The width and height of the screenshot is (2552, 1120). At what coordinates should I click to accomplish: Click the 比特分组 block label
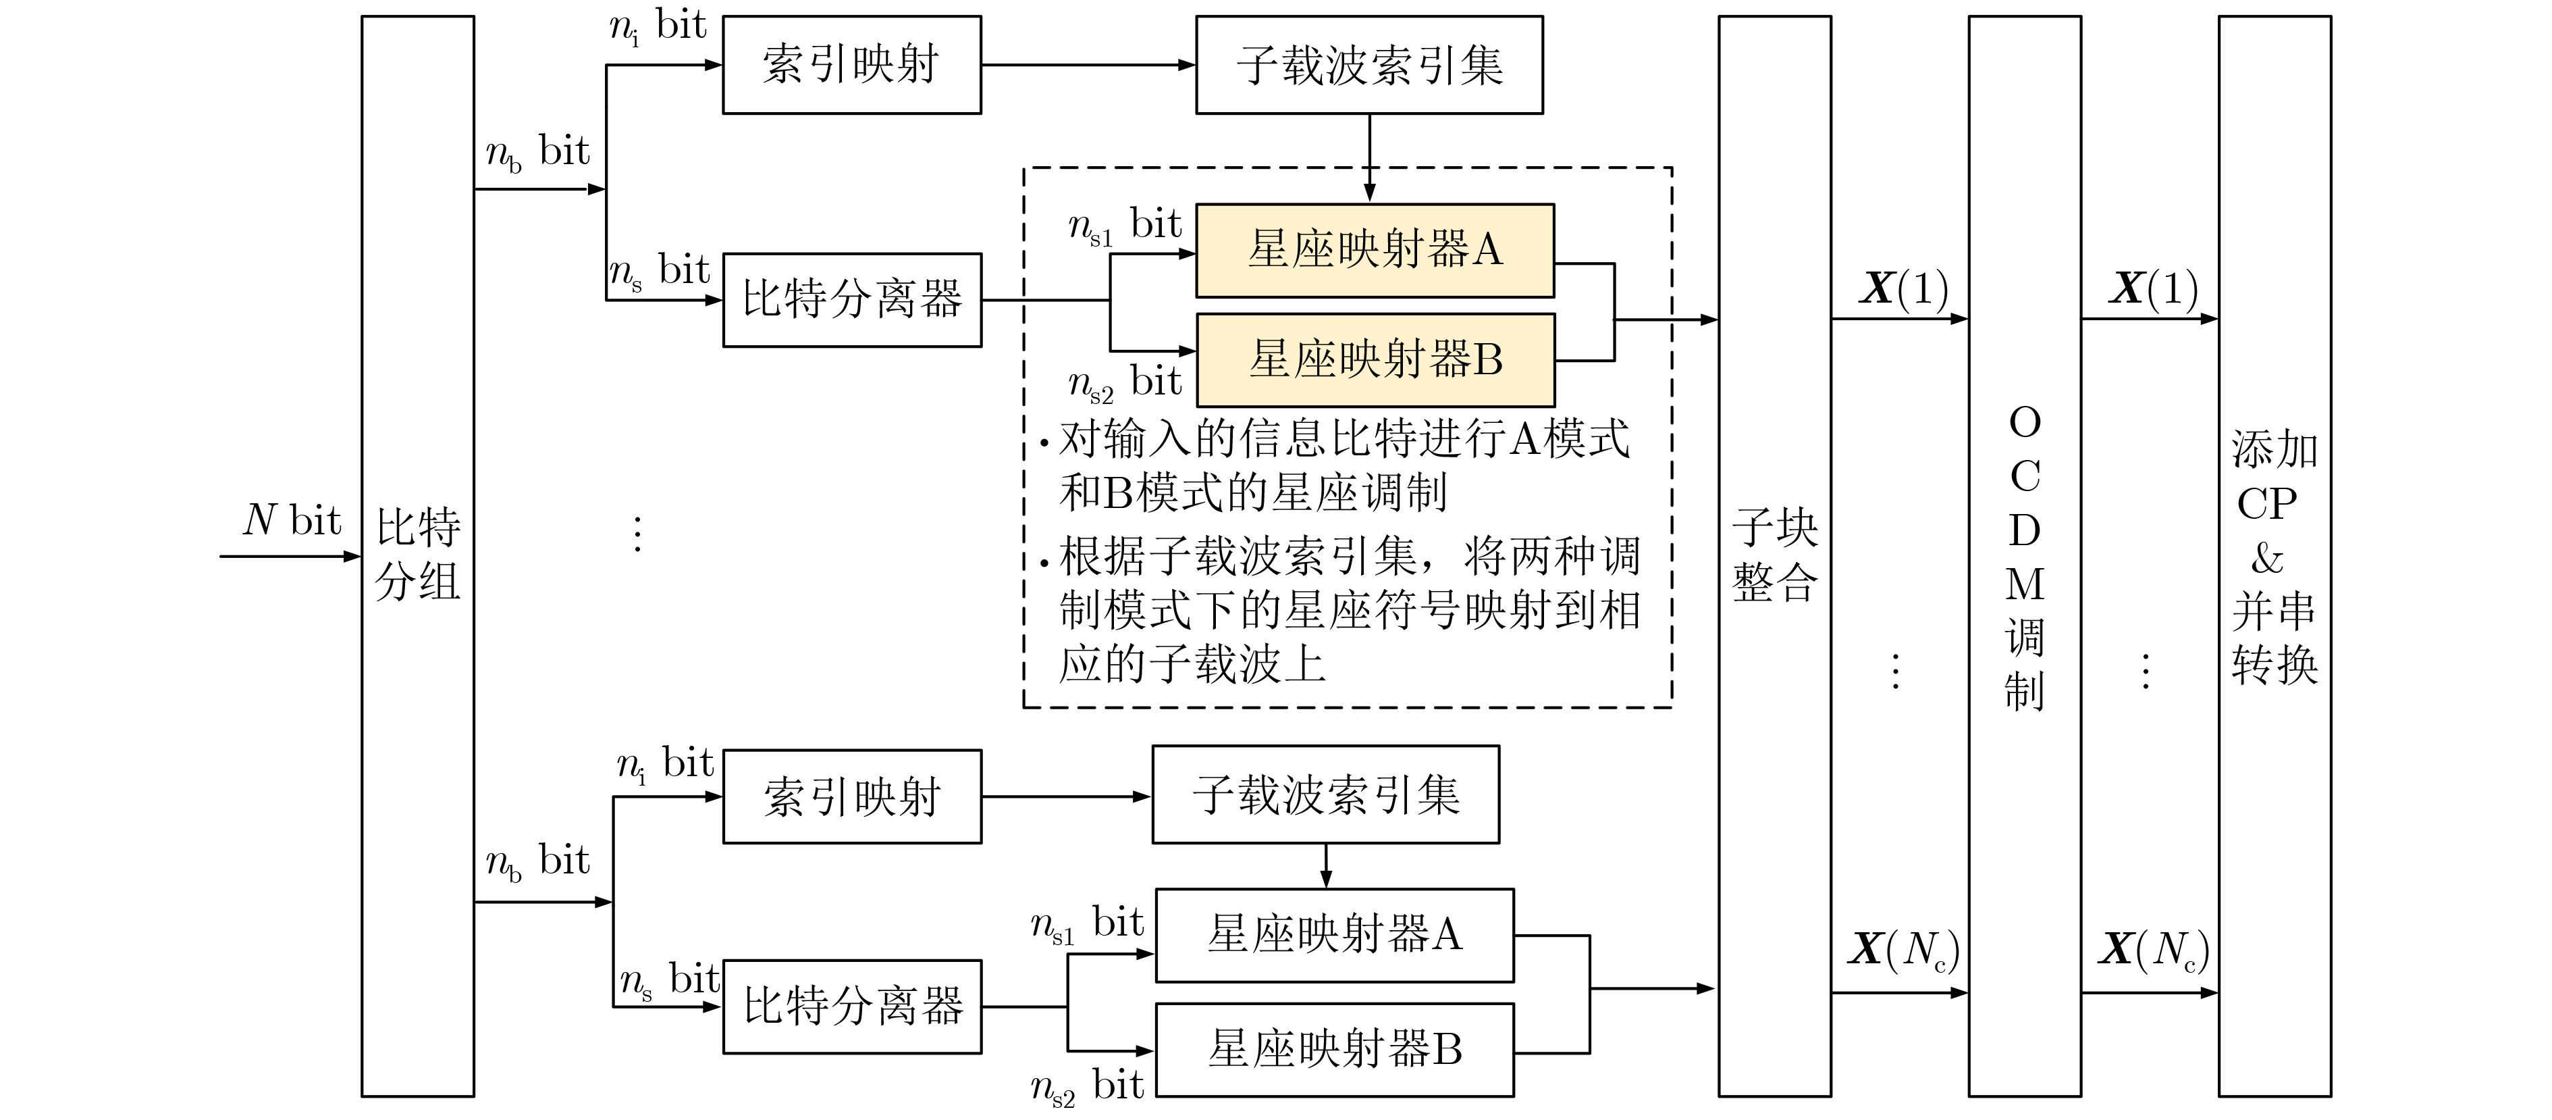pyautogui.click(x=417, y=554)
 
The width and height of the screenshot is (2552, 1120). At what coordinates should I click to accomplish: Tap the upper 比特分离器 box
pyautogui.click(x=851, y=299)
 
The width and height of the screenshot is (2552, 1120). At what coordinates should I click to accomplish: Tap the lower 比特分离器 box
pyautogui.click(x=851, y=1006)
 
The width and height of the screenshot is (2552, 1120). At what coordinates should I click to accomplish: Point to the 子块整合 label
pyautogui.click(x=1774, y=555)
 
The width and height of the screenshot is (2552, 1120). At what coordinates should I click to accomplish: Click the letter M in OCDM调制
pyautogui.click(x=2024, y=584)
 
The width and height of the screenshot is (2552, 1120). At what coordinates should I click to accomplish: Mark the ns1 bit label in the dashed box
pyautogui.click(x=1123, y=226)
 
